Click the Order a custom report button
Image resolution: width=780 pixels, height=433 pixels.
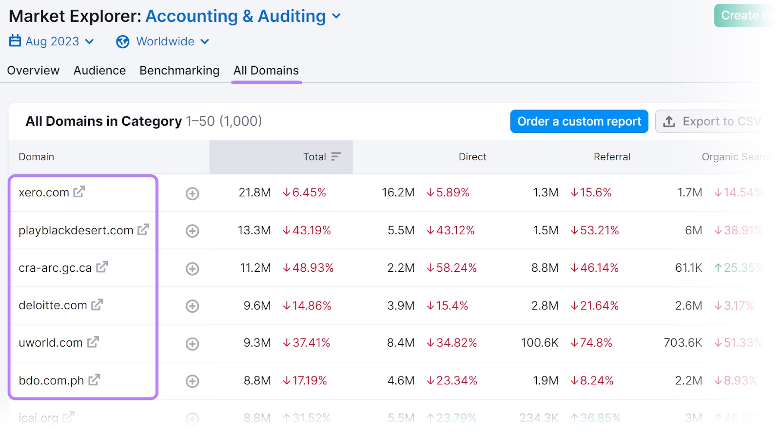click(x=579, y=121)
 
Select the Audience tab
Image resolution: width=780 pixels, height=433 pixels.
click(x=99, y=71)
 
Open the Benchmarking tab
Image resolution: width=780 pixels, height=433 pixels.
click(x=179, y=71)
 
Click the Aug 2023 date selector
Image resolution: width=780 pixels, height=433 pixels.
click(x=52, y=41)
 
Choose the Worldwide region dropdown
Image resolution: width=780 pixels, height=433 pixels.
click(x=163, y=41)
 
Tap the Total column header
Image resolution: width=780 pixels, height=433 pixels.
click(x=315, y=157)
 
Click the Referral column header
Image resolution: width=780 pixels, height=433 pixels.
click(x=611, y=157)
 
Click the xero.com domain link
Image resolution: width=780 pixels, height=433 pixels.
click(x=44, y=192)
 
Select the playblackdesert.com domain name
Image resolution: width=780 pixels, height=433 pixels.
click(x=76, y=230)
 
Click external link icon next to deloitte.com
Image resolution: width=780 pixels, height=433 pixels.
click(x=97, y=305)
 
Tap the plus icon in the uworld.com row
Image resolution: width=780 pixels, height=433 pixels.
click(x=192, y=344)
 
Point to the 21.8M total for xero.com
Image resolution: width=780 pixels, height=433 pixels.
click(x=254, y=192)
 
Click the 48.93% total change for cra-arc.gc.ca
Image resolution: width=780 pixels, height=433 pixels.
click(x=309, y=268)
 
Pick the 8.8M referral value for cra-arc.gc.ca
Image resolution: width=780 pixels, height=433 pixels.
click(x=545, y=268)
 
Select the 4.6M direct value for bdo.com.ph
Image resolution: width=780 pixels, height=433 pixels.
click(x=401, y=380)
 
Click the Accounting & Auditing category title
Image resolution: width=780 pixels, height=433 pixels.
click(x=235, y=16)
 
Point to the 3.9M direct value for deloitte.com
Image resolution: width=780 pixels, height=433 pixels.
click(x=401, y=305)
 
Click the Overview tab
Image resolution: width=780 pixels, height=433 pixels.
click(x=33, y=71)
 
